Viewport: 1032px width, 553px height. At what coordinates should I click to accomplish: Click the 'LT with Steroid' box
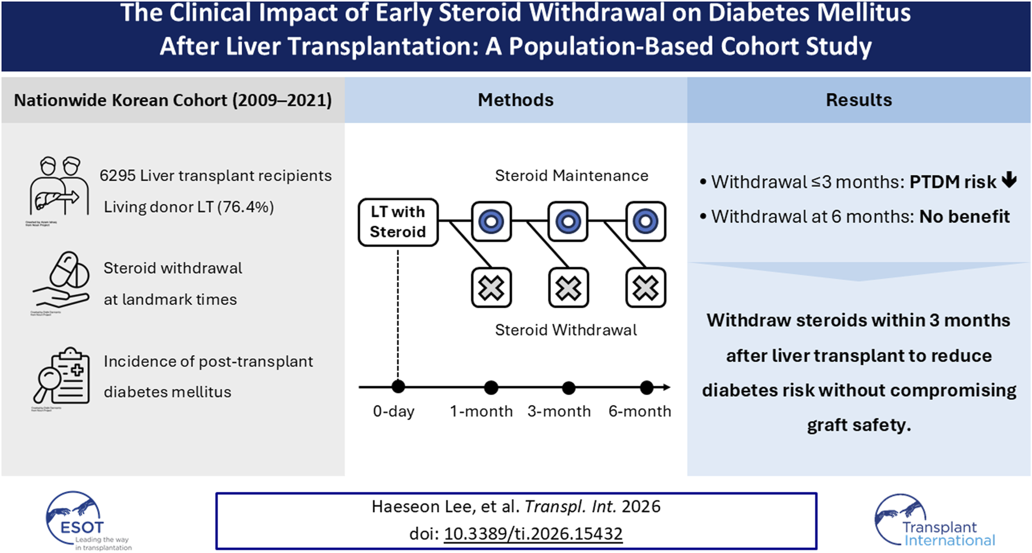coord(398,222)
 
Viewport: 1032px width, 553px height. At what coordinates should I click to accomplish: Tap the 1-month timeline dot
coord(491,387)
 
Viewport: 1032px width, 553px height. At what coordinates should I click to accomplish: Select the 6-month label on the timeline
coord(639,411)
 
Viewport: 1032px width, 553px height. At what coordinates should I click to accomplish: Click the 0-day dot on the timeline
coord(398,386)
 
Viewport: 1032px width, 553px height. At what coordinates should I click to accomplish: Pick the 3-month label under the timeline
coord(559,411)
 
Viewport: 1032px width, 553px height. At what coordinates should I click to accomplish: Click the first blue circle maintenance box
coord(491,221)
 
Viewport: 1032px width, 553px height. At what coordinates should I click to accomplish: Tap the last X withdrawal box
coord(645,288)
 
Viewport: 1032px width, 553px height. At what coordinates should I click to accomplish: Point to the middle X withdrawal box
coord(568,288)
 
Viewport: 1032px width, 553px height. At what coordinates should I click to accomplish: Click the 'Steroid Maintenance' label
coord(571,176)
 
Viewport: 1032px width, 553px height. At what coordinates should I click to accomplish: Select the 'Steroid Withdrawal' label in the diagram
coord(566,330)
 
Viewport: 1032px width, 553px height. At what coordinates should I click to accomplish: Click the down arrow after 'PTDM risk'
coord(1009,181)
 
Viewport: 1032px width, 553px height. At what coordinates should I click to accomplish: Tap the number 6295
coord(117,176)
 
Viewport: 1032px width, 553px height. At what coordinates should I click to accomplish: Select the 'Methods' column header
coord(515,100)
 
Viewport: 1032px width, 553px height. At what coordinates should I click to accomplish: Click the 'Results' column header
coord(858,100)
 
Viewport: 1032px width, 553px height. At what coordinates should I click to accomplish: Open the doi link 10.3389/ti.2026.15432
coord(533,534)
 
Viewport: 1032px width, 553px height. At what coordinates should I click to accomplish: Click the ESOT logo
coord(82,520)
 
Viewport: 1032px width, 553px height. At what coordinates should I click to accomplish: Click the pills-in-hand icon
coord(62,280)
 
